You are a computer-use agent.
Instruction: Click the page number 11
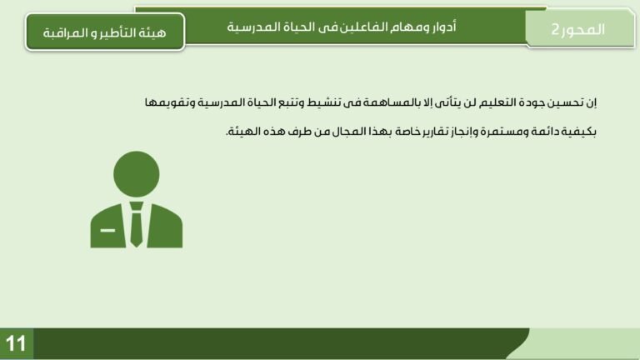tap(16, 343)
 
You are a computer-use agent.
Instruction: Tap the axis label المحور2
tap(578, 28)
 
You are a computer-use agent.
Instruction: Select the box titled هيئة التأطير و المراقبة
tap(104, 32)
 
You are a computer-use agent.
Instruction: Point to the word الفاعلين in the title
tap(355, 26)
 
